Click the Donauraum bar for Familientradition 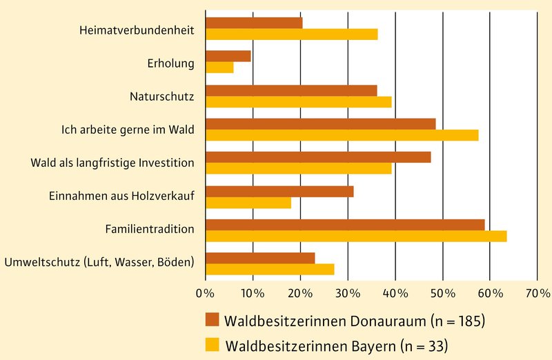pos(345,225)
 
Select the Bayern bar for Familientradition pos(356,236)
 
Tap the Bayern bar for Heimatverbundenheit pos(291,34)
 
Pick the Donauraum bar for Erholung pos(228,57)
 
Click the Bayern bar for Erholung pos(219,68)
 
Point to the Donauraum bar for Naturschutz pos(291,90)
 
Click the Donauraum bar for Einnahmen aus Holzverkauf pos(279,191)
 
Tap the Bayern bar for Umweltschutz pos(270,269)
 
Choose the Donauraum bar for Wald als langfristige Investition pos(318,157)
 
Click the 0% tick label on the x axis pos(206,293)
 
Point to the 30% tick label pos(348,293)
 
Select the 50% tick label pos(442,293)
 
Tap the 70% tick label pos(537,293)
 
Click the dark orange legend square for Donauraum pos(212,320)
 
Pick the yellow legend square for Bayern pos(212,343)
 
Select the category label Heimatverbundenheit pos(137,30)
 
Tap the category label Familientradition pos(149,228)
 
